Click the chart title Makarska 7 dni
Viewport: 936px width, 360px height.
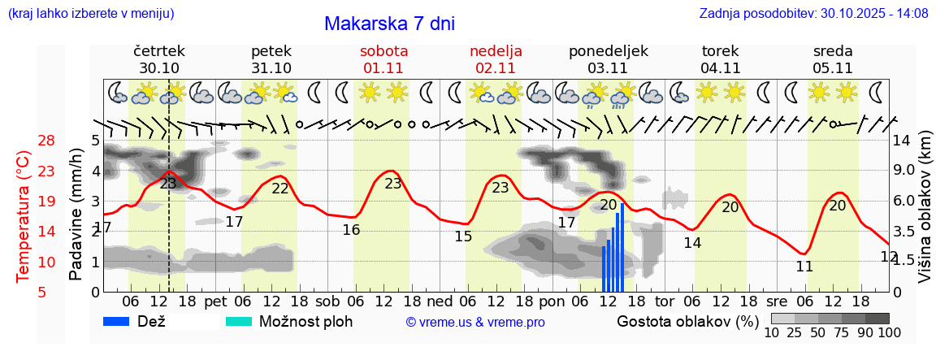[389, 24]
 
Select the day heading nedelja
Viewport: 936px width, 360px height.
[496, 50]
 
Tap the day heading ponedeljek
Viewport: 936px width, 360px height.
[609, 50]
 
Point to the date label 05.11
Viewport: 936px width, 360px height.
[832, 68]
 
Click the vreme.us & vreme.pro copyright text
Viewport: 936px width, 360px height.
[475, 322]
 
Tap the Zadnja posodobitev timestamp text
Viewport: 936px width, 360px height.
[813, 14]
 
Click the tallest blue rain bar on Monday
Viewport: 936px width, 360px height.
[622, 247]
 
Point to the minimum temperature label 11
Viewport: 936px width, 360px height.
[804, 267]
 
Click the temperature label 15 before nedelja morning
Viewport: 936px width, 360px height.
[463, 236]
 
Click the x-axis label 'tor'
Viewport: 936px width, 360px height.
[665, 301]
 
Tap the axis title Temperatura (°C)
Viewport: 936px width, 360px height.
[24, 216]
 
